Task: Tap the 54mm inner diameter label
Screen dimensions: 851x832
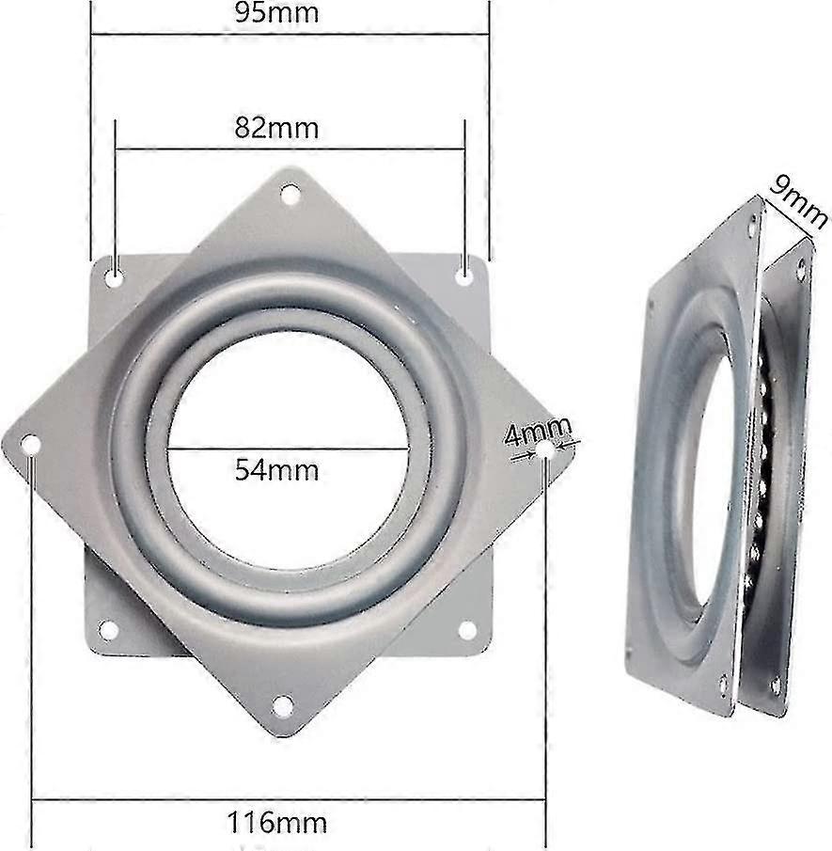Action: (x=276, y=469)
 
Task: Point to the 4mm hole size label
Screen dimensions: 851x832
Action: (x=538, y=434)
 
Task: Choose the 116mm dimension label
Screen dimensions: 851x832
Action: (x=277, y=824)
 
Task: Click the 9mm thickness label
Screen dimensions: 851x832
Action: (x=796, y=203)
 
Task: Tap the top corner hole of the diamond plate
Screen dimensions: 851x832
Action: (x=290, y=195)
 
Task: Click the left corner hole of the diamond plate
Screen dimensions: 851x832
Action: (x=31, y=444)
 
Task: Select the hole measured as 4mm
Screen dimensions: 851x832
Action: (x=546, y=451)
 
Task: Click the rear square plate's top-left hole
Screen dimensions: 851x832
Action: (x=114, y=277)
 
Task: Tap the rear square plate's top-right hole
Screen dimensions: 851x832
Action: (x=464, y=276)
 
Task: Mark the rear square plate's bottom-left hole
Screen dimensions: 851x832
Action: (x=109, y=629)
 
